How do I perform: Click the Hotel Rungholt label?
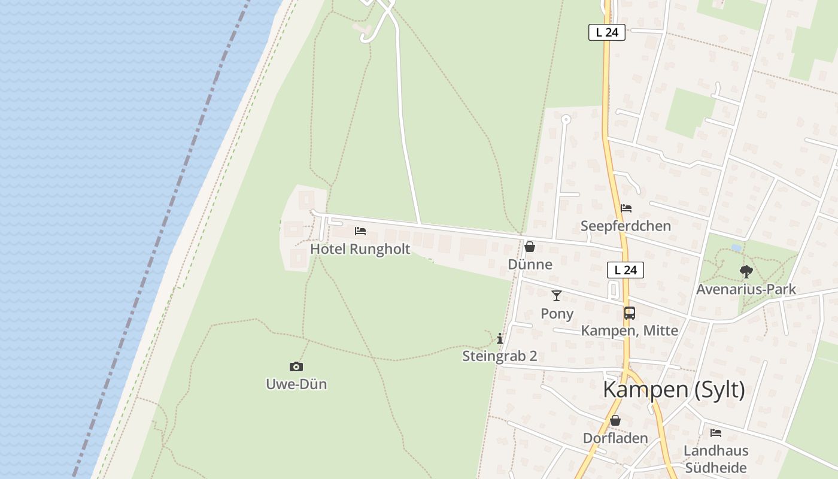pos(360,249)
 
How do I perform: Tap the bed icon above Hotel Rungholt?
pos(360,231)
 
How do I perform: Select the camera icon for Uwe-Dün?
pos(296,366)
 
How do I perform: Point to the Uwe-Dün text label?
pos(296,384)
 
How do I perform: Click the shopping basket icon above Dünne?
pos(530,247)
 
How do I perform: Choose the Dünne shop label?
pos(530,264)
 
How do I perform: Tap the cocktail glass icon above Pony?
pos(557,295)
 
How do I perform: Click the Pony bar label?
pos(557,313)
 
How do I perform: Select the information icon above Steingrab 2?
pos(500,339)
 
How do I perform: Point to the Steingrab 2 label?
pos(500,356)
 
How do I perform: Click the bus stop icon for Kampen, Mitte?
pos(630,313)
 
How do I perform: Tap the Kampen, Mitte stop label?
pos(630,331)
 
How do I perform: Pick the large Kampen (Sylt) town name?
pos(674,389)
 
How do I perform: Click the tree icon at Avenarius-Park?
pos(746,272)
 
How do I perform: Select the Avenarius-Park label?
pos(746,289)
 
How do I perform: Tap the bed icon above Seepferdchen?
pos(626,208)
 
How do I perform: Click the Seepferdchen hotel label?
pos(626,226)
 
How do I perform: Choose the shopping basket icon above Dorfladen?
pos(615,420)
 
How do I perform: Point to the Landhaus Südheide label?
pos(716,459)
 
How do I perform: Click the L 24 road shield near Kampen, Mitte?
pos(626,270)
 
